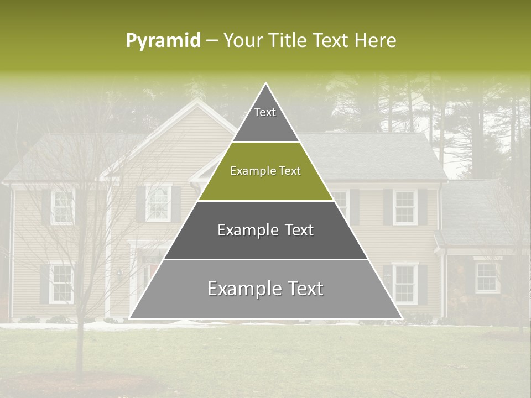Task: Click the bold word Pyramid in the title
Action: (x=163, y=41)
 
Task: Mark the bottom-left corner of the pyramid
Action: (x=131, y=318)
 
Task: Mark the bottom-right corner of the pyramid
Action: (x=401, y=318)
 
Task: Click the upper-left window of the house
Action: (x=62, y=207)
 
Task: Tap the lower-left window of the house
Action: (x=61, y=283)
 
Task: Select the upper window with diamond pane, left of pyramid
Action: (x=158, y=203)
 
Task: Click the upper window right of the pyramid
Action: (x=405, y=207)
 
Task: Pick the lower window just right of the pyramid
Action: (x=405, y=284)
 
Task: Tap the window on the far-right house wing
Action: (x=487, y=277)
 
